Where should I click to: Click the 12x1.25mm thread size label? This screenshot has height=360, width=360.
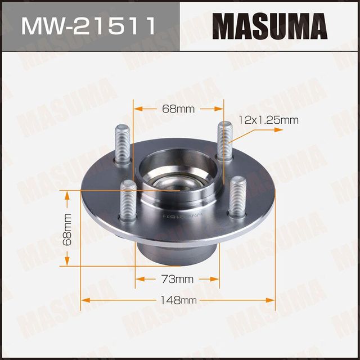[x=268, y=119]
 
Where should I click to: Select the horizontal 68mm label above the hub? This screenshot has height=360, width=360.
[x=178, y=109]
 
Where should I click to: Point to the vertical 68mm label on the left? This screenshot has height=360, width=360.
[x=67, y=228]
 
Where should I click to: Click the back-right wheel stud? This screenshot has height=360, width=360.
[x=223, y=140]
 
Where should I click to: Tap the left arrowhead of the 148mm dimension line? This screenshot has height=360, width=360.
[x=85, y=300]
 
